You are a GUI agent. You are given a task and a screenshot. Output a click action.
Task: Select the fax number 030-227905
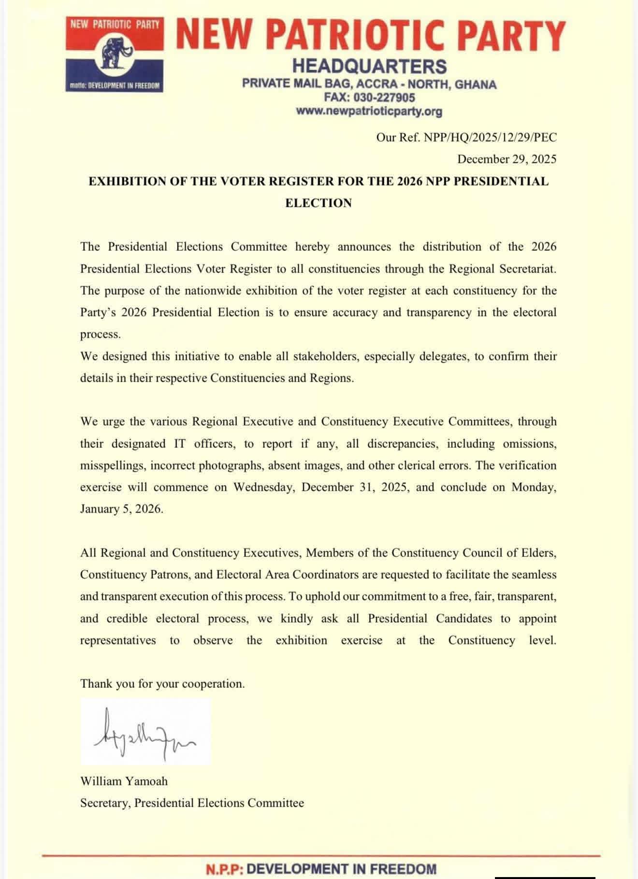pyautogui.click(x=384, y=98)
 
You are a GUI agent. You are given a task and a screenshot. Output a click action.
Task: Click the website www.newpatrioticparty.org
pyautogui.click(x=369, y=112)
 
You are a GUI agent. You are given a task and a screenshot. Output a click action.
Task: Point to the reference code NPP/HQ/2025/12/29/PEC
pyautogui.click(x=490, y=138)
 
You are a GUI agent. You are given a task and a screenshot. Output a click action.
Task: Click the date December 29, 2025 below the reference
pyautogui.click(x=507, y=159)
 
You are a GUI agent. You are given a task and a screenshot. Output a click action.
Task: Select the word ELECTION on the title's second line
pyautogui.click(x=319, y=203)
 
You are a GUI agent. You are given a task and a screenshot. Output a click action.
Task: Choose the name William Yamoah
pyautogui.click(x=124, y=781)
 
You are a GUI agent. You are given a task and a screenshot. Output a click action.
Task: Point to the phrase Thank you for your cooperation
pyautogui.click(x=162, y=684)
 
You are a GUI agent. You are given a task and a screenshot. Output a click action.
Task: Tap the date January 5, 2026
pyautogui.click(x=121, y=509)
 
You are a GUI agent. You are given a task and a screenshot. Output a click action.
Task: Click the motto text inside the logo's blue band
pyautogui.click(x=114, y=85)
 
